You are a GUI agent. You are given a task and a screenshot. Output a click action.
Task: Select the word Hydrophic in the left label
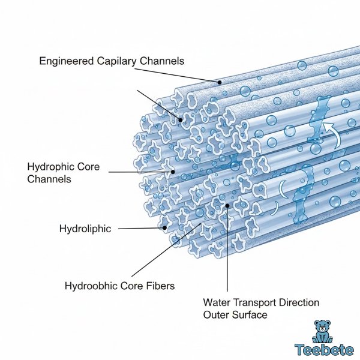point(50,166)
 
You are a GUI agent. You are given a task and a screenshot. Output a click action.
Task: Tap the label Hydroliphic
point(85,229)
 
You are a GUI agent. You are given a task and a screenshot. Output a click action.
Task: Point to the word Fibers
point(160,286)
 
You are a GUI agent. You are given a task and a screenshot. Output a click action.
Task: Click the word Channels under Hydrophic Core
point(49,179)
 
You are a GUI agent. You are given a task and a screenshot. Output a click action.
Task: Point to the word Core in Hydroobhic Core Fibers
point(133,286)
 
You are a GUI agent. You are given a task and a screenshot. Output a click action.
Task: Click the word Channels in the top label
point(163,61)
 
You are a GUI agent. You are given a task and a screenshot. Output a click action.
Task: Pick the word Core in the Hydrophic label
point(88,166)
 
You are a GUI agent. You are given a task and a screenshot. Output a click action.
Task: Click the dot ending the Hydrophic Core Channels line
point(173,172)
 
